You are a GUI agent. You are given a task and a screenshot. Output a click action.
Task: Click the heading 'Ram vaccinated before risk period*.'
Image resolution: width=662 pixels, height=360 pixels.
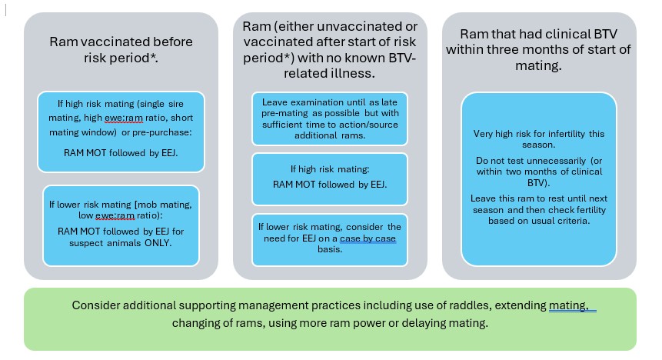[x=121, y=49]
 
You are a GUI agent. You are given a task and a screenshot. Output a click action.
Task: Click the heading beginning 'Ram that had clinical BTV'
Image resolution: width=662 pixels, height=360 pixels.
[x=538, y=49]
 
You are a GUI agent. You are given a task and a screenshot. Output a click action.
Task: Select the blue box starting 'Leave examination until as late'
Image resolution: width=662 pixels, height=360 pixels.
[x=330, y=118]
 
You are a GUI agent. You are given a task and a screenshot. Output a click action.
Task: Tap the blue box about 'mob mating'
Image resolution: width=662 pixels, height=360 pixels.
[x=121, y=225]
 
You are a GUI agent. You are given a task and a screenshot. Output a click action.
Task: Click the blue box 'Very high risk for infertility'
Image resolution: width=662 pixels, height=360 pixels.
[x=539, y=179]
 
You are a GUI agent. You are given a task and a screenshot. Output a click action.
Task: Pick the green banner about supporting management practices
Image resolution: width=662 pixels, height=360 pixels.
[x=330, y=319]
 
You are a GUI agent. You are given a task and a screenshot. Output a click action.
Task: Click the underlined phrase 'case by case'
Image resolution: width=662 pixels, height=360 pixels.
[x=368, y=238]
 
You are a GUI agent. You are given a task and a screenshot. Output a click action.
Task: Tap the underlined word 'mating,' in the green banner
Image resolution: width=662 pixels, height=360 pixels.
[x=568, y=305]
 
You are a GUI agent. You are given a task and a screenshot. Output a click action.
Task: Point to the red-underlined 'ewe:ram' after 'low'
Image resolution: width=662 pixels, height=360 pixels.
[x=115, y=215]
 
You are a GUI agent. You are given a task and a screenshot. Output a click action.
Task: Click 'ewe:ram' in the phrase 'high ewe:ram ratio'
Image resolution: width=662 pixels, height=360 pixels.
[x=124, y=118]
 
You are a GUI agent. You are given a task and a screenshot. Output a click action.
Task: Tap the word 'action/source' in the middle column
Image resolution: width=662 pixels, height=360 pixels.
[x=372, y=124]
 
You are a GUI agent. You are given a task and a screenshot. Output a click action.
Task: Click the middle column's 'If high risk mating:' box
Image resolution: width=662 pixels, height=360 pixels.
[x=330, y=179]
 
